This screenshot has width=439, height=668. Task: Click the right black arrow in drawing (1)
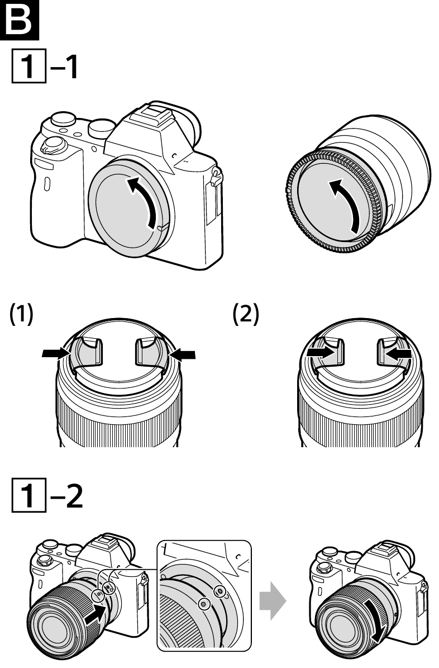[x=184, y=353]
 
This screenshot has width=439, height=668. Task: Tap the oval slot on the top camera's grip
[x=47, y=184]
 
